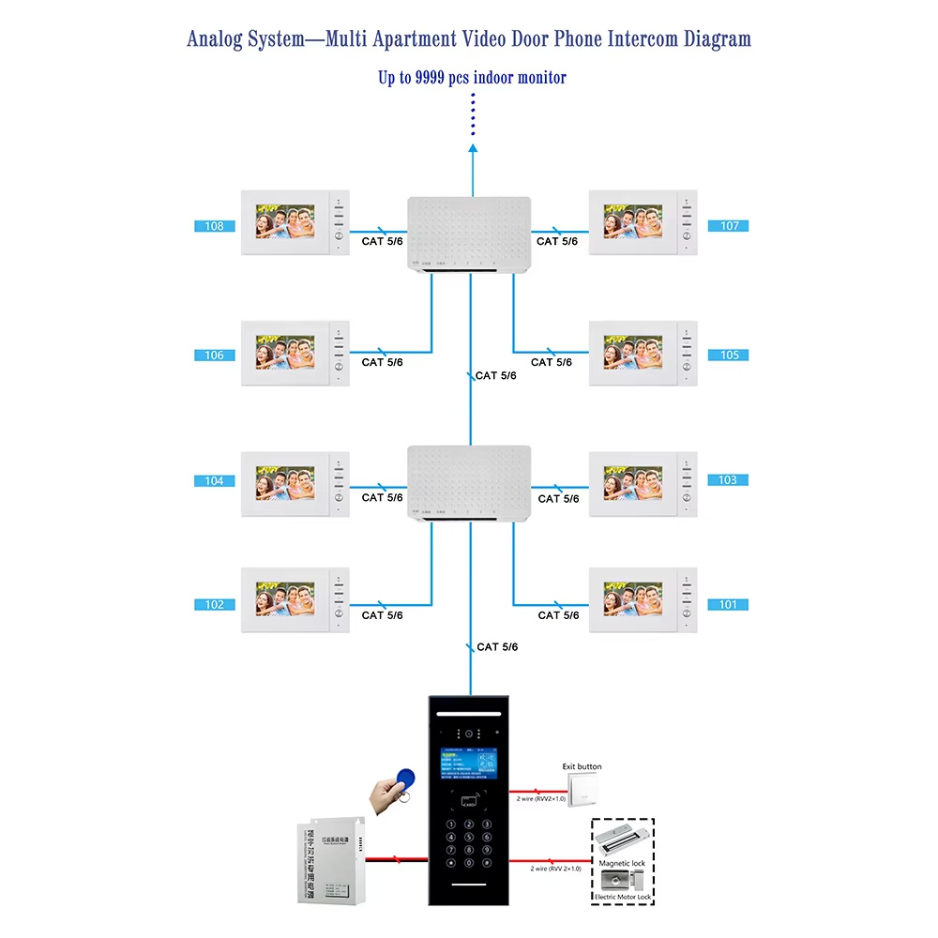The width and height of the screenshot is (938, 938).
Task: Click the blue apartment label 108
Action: tap(214, 226)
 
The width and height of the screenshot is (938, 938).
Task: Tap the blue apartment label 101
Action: tap(728, 605)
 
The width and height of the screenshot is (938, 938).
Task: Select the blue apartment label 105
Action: tap(729, 356)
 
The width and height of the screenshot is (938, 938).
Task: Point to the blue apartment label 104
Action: tap(214, 481)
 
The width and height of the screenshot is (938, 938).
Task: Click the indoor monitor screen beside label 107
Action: tap(633, 222)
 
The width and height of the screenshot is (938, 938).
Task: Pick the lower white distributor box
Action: tap(470, 483)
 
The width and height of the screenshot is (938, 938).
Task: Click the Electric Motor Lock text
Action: tap(622, 898)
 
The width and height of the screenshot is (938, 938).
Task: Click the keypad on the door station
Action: tap(469, 843)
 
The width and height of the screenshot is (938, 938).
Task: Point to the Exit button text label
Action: tap(582, 766)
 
